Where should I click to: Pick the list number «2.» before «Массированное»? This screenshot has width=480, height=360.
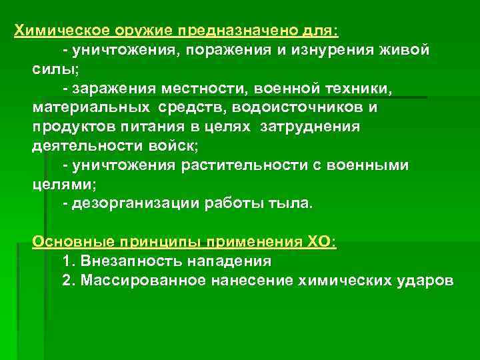68,281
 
